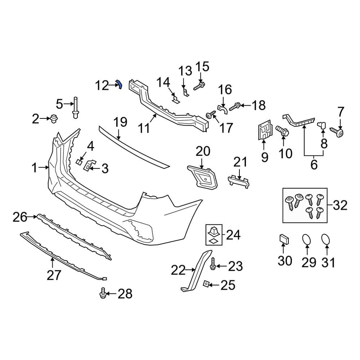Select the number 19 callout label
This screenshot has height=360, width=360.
pos(121,122)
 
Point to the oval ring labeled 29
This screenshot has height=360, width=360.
pos(306,240)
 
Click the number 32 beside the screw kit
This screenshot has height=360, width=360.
pos(340,206)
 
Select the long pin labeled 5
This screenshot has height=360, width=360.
pos(76,108)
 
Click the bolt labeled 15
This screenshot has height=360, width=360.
pos(199,86)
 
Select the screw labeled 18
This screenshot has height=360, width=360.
pos(234,106)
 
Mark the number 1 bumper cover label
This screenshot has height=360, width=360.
pos(35,167)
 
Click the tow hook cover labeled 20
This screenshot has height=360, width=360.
pos(203,177)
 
